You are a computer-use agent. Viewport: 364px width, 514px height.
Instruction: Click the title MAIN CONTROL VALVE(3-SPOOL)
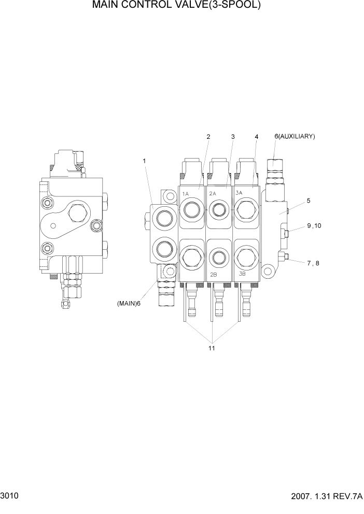(176, 6)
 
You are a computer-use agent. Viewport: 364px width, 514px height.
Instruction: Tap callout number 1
(144, 161)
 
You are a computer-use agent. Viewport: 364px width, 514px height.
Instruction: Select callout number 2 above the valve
(208, 137)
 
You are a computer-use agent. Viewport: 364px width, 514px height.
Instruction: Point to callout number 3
(233, 137)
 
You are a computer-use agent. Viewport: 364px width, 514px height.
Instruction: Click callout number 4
(256, 137)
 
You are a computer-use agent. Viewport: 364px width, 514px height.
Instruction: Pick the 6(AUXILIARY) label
(295, 136)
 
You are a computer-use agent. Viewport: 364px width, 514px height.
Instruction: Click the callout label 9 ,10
(314, 225)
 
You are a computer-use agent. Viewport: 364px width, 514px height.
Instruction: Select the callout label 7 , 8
(313, 263)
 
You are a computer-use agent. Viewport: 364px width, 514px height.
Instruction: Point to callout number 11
(212, 348)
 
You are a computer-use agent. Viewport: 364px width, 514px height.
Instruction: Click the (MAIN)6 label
(129, 304)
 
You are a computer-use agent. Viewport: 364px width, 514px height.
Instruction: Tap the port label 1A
(185, 194)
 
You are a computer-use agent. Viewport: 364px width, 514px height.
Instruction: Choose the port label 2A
(213, 193)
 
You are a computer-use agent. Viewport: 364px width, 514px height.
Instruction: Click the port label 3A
(240, 192)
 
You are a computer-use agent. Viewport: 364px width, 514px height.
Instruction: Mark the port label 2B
(213, 275)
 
